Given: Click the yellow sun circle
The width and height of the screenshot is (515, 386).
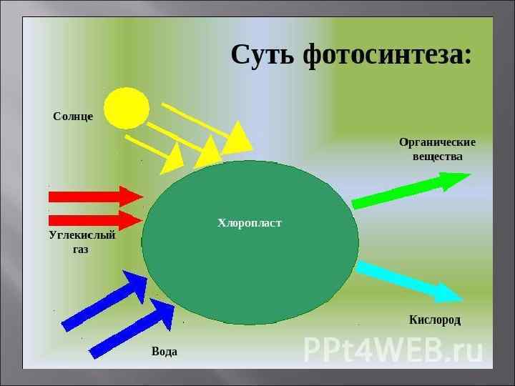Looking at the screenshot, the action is (126, 109).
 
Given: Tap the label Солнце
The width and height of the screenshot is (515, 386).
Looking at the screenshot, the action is (73, 117).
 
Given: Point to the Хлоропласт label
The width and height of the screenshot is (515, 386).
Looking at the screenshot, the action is (250, 224).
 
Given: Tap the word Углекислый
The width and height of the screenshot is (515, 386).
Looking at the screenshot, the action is (82, 235).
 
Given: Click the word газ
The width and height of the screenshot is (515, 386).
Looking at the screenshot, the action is (81, 249).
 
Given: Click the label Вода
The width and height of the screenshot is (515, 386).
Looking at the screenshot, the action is (165, 352).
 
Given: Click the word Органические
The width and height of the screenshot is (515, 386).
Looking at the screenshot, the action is (437, 142).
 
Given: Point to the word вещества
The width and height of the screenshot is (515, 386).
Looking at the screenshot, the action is (437, 157).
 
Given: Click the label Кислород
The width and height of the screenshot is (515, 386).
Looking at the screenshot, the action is (435, 320).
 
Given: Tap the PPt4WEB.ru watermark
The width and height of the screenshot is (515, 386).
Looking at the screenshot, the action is (393, 350).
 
